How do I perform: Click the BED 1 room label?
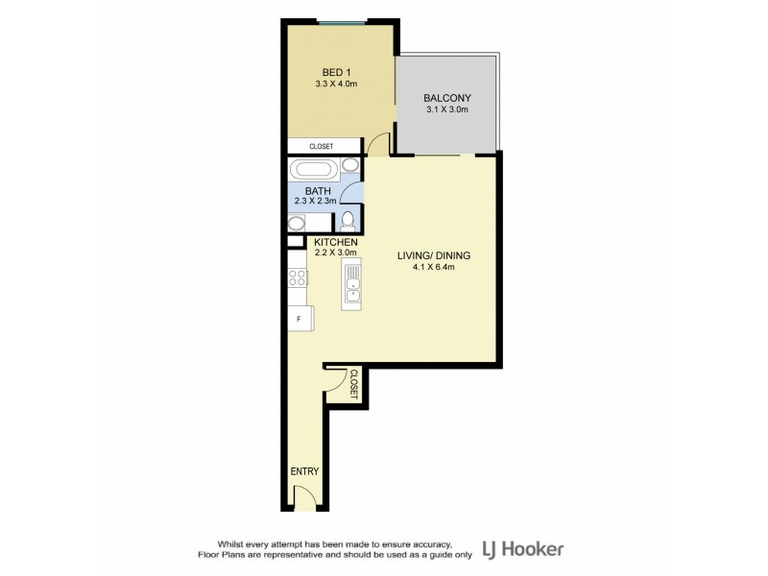point(335,72)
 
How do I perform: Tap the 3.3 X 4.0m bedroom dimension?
point(335,84)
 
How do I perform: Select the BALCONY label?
point(446,97)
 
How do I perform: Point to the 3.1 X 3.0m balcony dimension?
point(446,109)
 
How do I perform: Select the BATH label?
point(318,190)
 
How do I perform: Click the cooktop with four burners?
point(298,278)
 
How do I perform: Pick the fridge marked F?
point(300,319)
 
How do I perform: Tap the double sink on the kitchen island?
point(352,284)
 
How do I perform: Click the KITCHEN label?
point(335,242)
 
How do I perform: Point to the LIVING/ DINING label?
point(434,255)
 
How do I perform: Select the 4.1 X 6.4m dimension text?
point(434,268)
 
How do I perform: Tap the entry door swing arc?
point(304,496)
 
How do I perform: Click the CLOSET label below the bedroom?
point(321,147)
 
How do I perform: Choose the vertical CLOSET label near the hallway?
point(353,384)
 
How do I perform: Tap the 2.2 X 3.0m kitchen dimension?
point(335,253)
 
